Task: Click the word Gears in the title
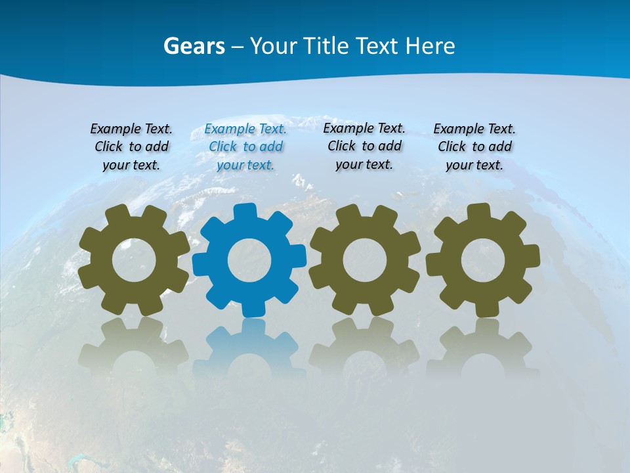(194, 46)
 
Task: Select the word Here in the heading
(430, 46)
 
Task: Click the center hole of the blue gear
(249, 261)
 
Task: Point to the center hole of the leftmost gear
(134, 261)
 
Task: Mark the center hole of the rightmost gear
(483, 261)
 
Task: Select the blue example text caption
(245, 147)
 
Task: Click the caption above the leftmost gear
(131, 147)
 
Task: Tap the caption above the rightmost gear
(474, 147)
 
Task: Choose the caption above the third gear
(364, 146)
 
